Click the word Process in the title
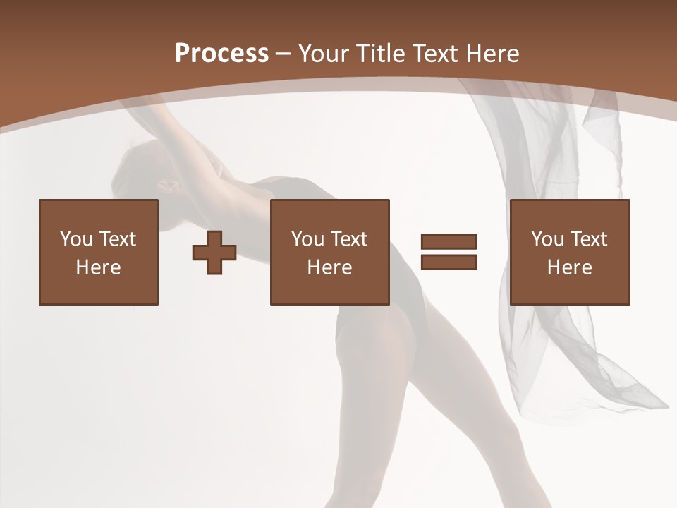[221, 54]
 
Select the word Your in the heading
[324, 54]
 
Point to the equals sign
[449, 252]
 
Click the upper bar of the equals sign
[449, 242]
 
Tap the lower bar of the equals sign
[449, 262]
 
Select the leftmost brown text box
[99, 252]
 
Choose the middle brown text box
[330, 252]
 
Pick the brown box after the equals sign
[570, 252]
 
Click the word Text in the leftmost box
[118, 239]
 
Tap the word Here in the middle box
[330, 267]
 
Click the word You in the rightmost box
[548, 239]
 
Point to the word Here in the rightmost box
[570, 267]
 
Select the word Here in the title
[493, 54]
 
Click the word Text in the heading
[435, 54]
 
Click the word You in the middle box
[308, 239]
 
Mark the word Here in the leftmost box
[99, 267]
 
